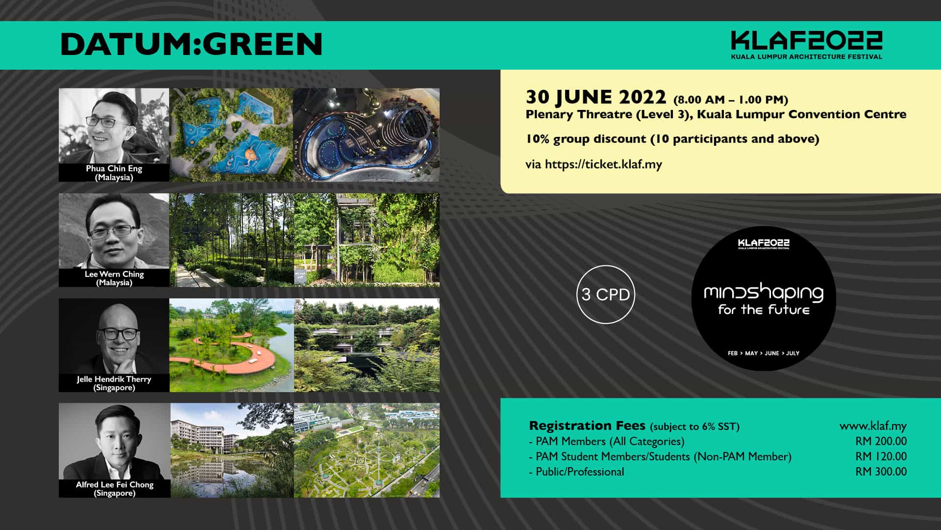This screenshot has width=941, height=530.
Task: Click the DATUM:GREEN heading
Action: click(x=191, y=44)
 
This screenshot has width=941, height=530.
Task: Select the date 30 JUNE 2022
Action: click(x=596, y=97)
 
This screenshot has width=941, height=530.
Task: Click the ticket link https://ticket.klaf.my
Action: click(x=603, y=164)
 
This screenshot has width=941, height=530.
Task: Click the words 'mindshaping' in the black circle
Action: click(x=764, y=293)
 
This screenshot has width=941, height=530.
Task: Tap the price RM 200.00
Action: click(x=881, y=441)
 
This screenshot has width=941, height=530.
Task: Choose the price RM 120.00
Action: click(x=881, y=456)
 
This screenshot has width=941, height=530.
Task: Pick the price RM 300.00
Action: click(x=881, y=472)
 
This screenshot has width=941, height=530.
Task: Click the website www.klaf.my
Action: click(x=873, y=426)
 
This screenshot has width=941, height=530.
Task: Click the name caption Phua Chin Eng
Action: click(x=114, y=168)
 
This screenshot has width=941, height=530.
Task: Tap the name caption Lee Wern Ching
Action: click(x=114, y=274)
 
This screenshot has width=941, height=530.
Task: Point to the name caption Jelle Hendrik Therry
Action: click(x=114, y=379)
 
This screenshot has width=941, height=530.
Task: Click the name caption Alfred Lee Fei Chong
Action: click(x=114, y=484)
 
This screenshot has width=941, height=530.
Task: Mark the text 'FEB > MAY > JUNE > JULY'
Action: click(x=764, y=353)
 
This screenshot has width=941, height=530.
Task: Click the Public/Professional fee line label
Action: click(x=580, y=472)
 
